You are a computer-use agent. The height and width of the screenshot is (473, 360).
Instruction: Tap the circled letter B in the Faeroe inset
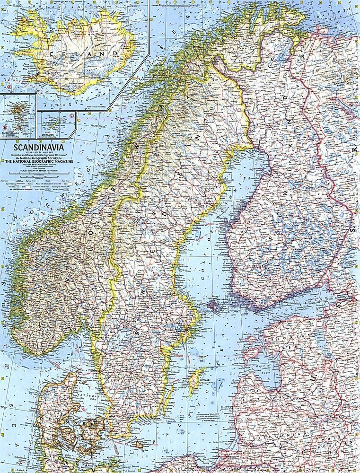(5, 127)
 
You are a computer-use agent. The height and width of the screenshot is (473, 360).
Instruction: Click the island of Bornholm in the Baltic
(140, 445)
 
